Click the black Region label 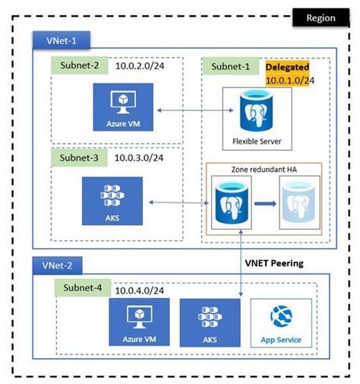[x=321, y=17]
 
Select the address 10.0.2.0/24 [x=142, y=67]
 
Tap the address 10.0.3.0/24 [x=142, y=158]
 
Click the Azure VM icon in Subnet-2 [x=119, y=104]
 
